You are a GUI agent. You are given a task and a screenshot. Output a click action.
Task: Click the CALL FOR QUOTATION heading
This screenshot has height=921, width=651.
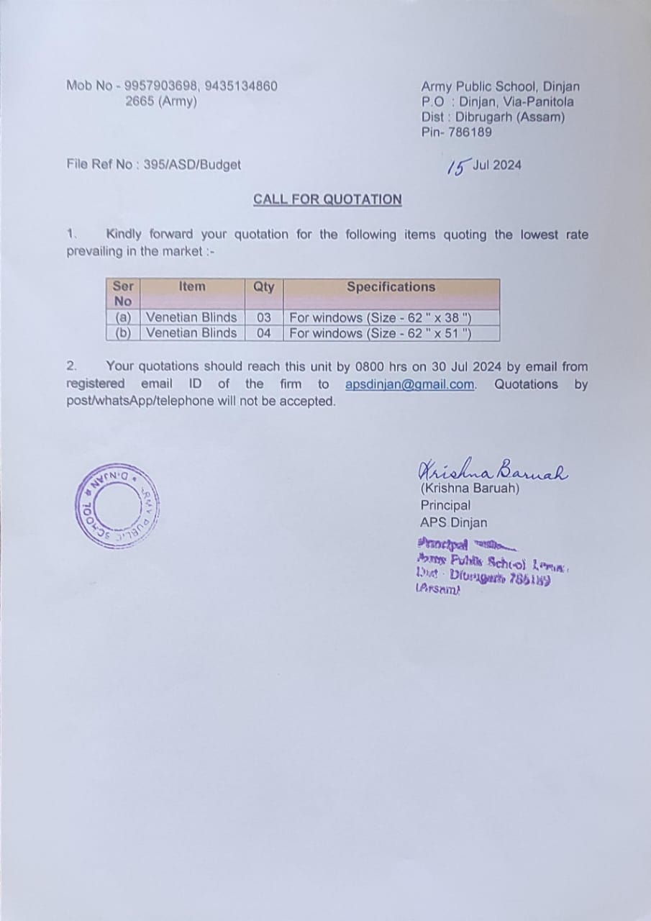327,199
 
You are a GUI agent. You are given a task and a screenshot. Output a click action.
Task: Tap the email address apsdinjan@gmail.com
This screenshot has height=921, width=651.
410,384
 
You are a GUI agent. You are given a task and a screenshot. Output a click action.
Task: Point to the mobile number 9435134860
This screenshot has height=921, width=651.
241,86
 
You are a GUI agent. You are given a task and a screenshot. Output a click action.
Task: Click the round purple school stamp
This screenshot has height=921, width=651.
117,506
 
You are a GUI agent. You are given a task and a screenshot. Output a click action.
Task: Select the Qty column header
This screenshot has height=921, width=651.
263,287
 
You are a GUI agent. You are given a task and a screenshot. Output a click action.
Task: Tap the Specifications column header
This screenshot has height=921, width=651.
391,287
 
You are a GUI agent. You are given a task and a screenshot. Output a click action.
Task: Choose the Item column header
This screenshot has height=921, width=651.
191,286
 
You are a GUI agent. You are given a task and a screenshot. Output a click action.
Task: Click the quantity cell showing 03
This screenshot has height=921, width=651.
263,317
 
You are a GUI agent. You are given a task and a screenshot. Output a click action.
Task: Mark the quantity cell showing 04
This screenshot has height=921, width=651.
263,333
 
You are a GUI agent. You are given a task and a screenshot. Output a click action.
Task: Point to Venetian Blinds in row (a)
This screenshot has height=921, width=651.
191,317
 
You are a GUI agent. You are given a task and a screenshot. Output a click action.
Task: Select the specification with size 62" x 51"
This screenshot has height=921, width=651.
381,333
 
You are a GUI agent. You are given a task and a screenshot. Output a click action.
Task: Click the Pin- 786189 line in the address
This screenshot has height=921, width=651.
457,132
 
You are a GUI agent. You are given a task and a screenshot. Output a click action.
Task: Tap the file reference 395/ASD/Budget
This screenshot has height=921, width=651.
192,165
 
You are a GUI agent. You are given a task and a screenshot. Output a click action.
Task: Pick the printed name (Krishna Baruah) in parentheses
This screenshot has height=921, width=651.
470,489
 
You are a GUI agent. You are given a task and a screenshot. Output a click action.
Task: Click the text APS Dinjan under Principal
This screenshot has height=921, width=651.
453,523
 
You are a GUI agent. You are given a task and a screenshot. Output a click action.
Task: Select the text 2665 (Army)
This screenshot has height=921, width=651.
161,101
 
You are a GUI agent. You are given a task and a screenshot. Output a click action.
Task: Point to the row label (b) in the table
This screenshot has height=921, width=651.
122,333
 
